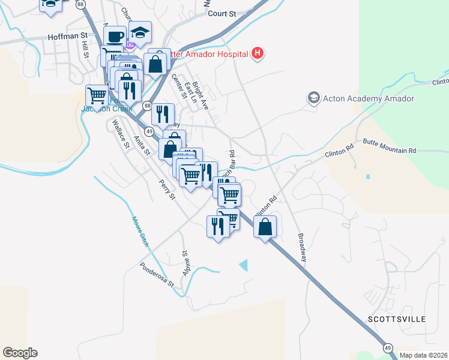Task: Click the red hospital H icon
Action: click(257, 54)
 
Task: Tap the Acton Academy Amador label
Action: click(369, 98)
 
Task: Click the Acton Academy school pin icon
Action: click(313, 97)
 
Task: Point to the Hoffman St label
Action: click(68, 36)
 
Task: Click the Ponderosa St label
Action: click(157, 274)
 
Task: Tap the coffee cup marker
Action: click(115, 35)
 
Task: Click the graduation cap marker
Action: click(140, 32)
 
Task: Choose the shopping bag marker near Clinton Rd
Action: click(265, 227)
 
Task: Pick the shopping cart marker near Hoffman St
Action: click(97, 95)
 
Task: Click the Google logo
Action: click(20, 353)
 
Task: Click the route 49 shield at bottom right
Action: click(388, 347)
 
